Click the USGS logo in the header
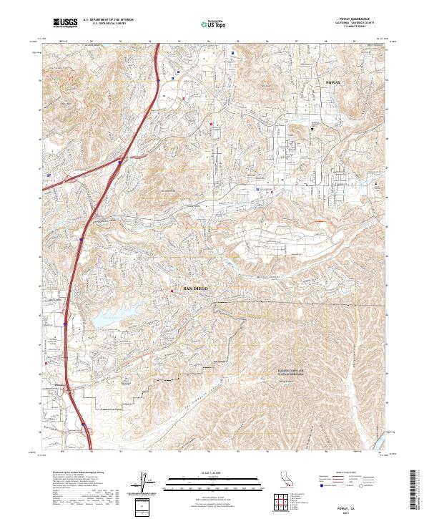65,23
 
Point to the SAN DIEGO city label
197,288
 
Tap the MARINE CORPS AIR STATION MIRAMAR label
286,373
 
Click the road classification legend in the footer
343,485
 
